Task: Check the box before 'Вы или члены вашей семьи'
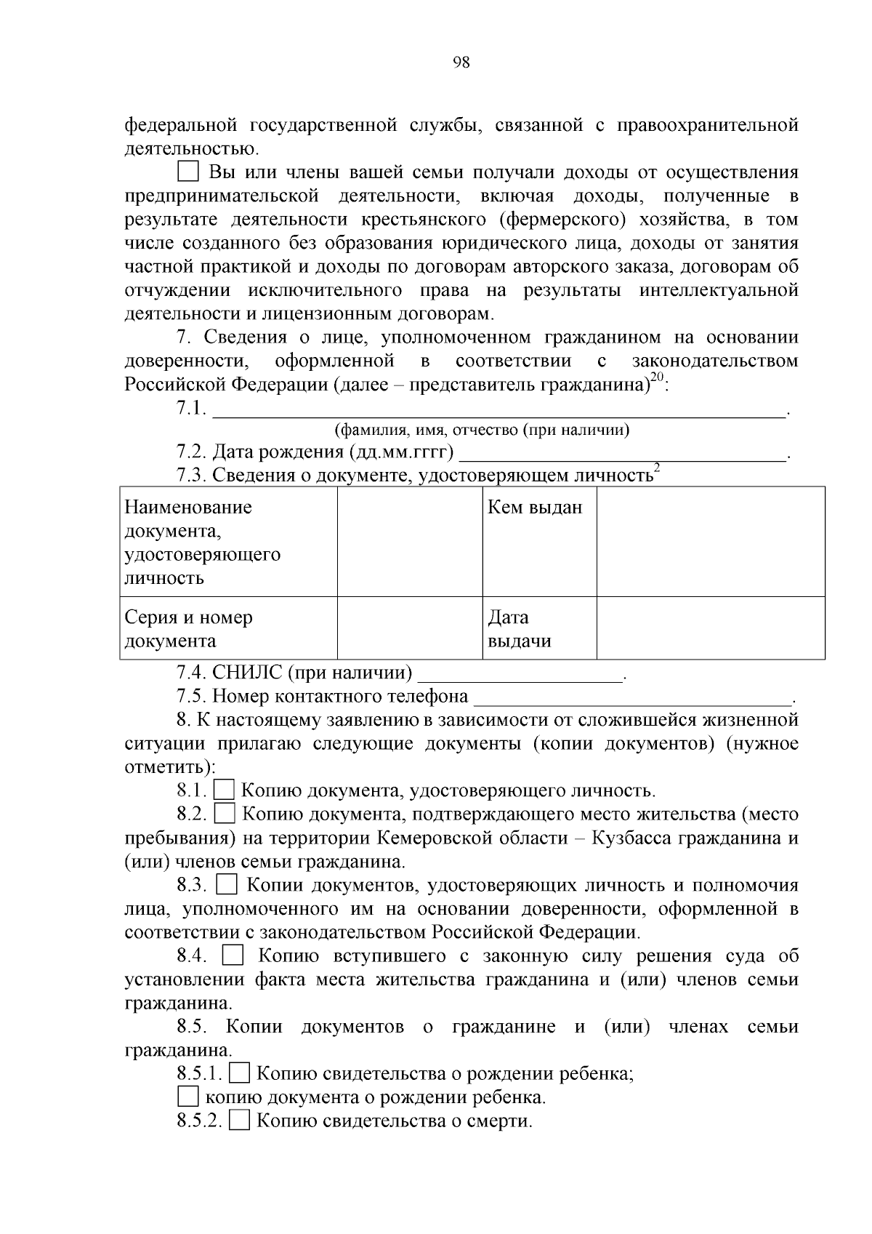[x=188, y=172]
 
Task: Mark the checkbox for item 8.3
[x=227, y=884]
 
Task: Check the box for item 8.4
[x=233, y=955]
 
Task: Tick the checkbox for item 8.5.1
[x=240, y=1073]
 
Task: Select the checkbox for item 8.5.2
[x=240, y=1120]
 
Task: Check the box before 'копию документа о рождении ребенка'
[x=188, y=1096]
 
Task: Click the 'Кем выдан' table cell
[x=539, y=542]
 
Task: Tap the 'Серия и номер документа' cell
[x=228, y=628]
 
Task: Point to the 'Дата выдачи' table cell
[x=539, y=628]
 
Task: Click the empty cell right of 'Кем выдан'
[x=710, y=542]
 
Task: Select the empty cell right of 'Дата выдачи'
[x=710, y=628]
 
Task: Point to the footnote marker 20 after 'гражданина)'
[x=657, y=377]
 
